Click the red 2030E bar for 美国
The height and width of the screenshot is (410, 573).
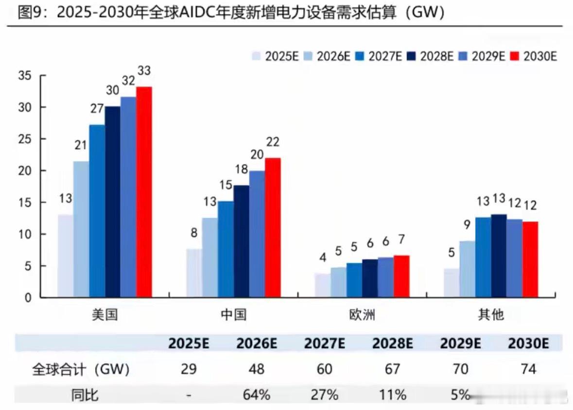(144, 192)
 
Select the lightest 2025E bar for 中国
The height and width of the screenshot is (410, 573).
(194, 273)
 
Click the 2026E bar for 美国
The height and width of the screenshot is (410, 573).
(81, 229)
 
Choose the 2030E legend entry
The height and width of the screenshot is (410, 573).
(533, 56)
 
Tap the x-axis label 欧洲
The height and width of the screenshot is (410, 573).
(362, 315)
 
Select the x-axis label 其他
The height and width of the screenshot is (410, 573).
(491, 315)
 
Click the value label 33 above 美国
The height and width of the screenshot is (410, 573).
(144, 71)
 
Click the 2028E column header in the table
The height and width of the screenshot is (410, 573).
(392, 343)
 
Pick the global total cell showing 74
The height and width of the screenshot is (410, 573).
(528, 369)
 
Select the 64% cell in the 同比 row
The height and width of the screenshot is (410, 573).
(256, 394)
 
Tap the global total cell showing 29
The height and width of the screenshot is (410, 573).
(189, 369)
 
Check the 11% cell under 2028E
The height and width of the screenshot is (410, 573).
(392, 394)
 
